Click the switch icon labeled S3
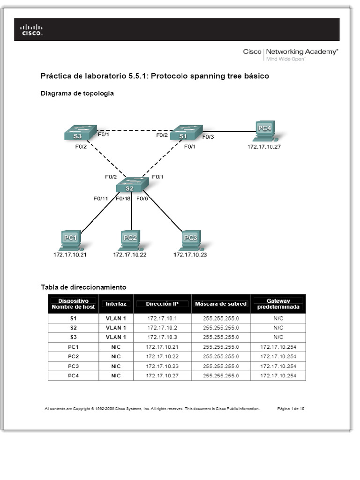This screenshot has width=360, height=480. [x=80, y=133]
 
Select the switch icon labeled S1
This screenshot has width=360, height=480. [x=186, y=133]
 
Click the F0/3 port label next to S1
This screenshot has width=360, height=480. [x=208, y=137]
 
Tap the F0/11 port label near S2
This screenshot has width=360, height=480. [x=100, y=198]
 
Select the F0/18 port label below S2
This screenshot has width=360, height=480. [x=123, y=198]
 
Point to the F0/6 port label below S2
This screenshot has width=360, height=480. [x=142, y=198]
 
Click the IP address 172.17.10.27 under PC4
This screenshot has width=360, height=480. [x=264, y=147]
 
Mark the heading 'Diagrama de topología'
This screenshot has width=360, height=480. [x=77, y=93]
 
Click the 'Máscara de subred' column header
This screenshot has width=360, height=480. [x=221, y=304]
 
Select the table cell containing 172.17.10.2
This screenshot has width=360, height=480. [x=162, y=328]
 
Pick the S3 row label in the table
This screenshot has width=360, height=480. [x=73, y=337]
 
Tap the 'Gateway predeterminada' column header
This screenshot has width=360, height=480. [x=278, y=304]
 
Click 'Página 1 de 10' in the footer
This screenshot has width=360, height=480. [x=291, y=409]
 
